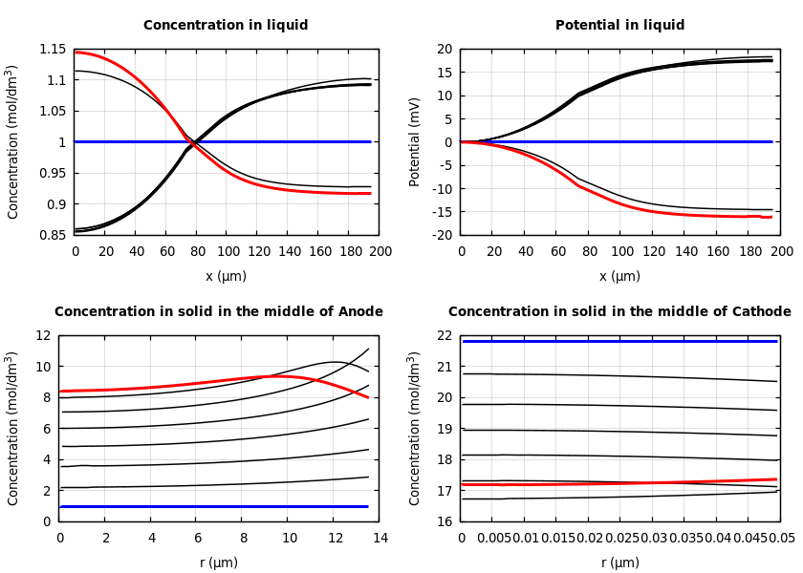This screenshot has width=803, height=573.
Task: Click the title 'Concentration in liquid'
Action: click(x=226, y=26)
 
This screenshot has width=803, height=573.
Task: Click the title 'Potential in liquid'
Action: click(x=619, y=26)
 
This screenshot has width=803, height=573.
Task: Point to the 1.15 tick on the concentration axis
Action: click(x=53, y=50)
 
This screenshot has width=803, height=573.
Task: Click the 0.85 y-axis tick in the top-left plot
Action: click(x=53, y=235)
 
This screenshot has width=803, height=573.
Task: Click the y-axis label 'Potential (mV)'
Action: click(x=415, y=141)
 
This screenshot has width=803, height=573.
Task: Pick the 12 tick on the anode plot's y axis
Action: click(x=44, y=336)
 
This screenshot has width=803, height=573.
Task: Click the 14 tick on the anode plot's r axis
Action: click(x=380, y=539)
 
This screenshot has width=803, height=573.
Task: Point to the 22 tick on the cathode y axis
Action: click(x=445, y=336)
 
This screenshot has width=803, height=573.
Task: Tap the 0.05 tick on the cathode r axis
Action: click(x=781, y=539)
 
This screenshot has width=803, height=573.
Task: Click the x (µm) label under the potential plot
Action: click(x=619, y=276)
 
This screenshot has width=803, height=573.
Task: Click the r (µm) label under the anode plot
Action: click(x=219, y=562)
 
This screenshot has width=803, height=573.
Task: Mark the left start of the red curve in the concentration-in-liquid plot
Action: click(x=76, y=52)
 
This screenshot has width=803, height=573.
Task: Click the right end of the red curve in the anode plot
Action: click(x=368, y=397)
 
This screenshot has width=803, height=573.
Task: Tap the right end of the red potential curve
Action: click(x=770, y=217)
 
